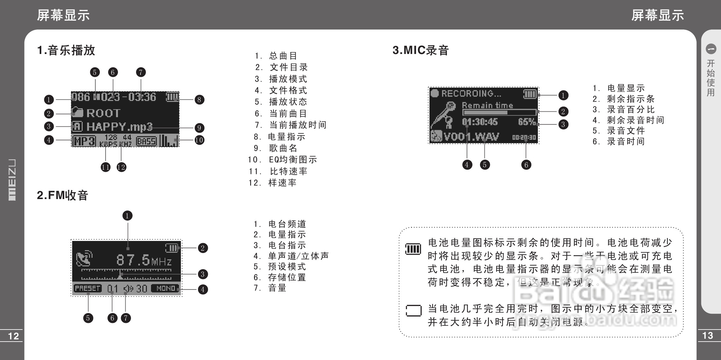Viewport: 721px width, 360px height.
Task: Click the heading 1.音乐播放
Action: [x=66, y=50]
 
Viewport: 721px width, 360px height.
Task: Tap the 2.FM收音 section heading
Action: [x=63, y=195]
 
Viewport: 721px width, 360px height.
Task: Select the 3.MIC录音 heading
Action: [x=421, y=50]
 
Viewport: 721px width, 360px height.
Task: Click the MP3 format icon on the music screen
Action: [x=84, y=141]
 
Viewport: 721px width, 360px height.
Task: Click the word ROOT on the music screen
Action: [x=103, y=113]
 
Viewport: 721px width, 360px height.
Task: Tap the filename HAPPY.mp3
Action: [x=120, y=127]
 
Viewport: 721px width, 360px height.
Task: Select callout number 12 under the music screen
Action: [x=121, y=167]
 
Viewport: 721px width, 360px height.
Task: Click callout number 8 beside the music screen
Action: [x=199, y=100]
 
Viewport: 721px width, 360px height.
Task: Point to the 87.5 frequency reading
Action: [x=133, y=260]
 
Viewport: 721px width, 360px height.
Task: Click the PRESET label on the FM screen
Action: [x=87, y=288]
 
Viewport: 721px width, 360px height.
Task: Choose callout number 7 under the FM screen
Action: [x=126, y=318]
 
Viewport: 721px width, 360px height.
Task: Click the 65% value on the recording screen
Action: [x=527, y=122]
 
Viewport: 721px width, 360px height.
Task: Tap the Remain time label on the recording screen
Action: [x=487, y=105]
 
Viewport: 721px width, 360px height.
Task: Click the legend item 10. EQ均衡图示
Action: [x=283, y=160]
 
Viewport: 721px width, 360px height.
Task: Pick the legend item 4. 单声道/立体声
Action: [x=291, y=256]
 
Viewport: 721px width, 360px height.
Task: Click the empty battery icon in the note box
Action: [x=413, y=311]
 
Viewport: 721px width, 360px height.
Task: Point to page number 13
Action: [x=708, y=336]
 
